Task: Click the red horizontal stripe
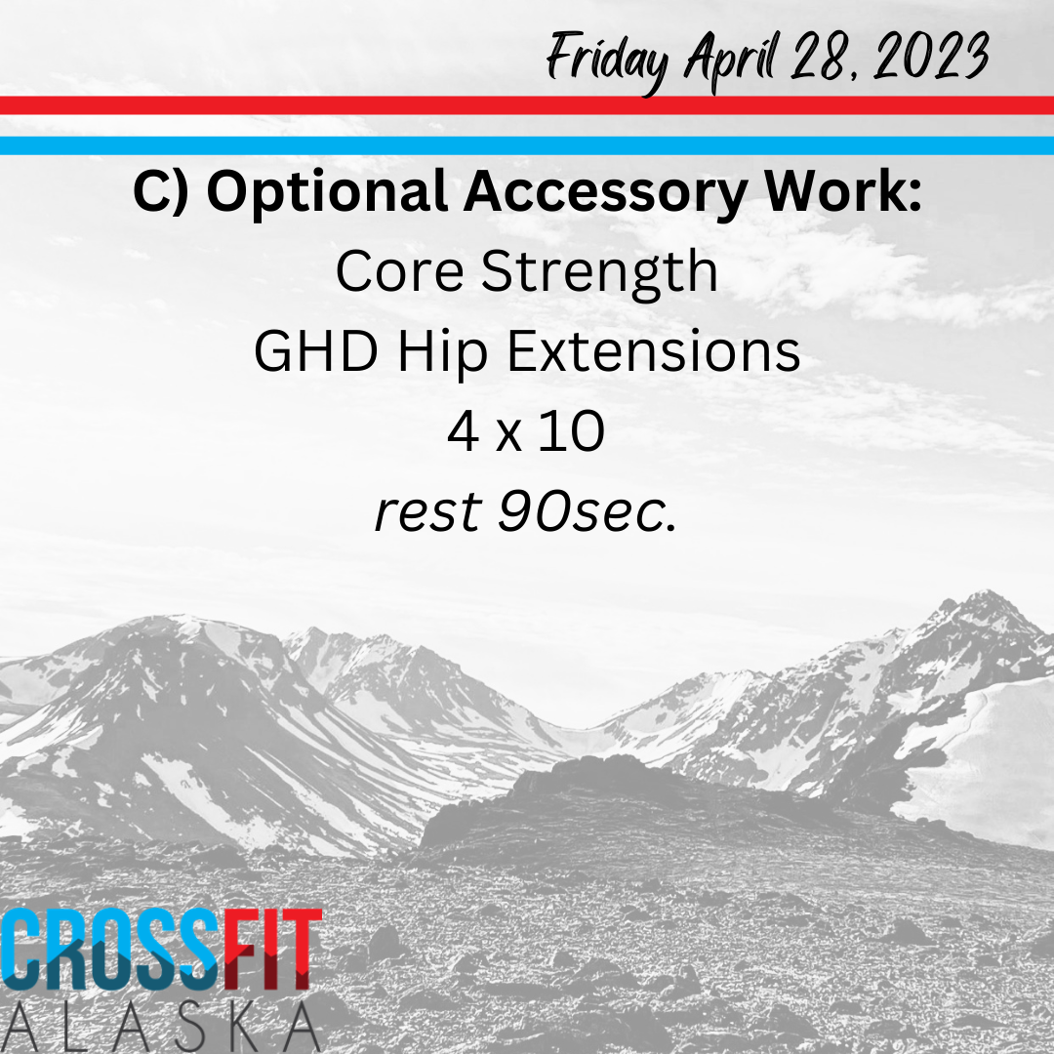tap(527, 105)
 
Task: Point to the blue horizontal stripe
tap(527, 145)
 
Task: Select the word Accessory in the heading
tap(605, 193)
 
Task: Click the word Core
tap(400, 271)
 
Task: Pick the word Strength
tap(599, 273)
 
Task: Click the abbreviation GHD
tap(316, 351)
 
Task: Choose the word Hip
tap(442, 353)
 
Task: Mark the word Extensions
tap(653, 351)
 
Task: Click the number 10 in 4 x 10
tap(571, 431)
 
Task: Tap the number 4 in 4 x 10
tap(464, 431)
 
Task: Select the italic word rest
tap(428, 512)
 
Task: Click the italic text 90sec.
tap(587, 512)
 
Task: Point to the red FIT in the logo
tap(273, 949)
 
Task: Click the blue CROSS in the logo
tap(111, 949)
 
